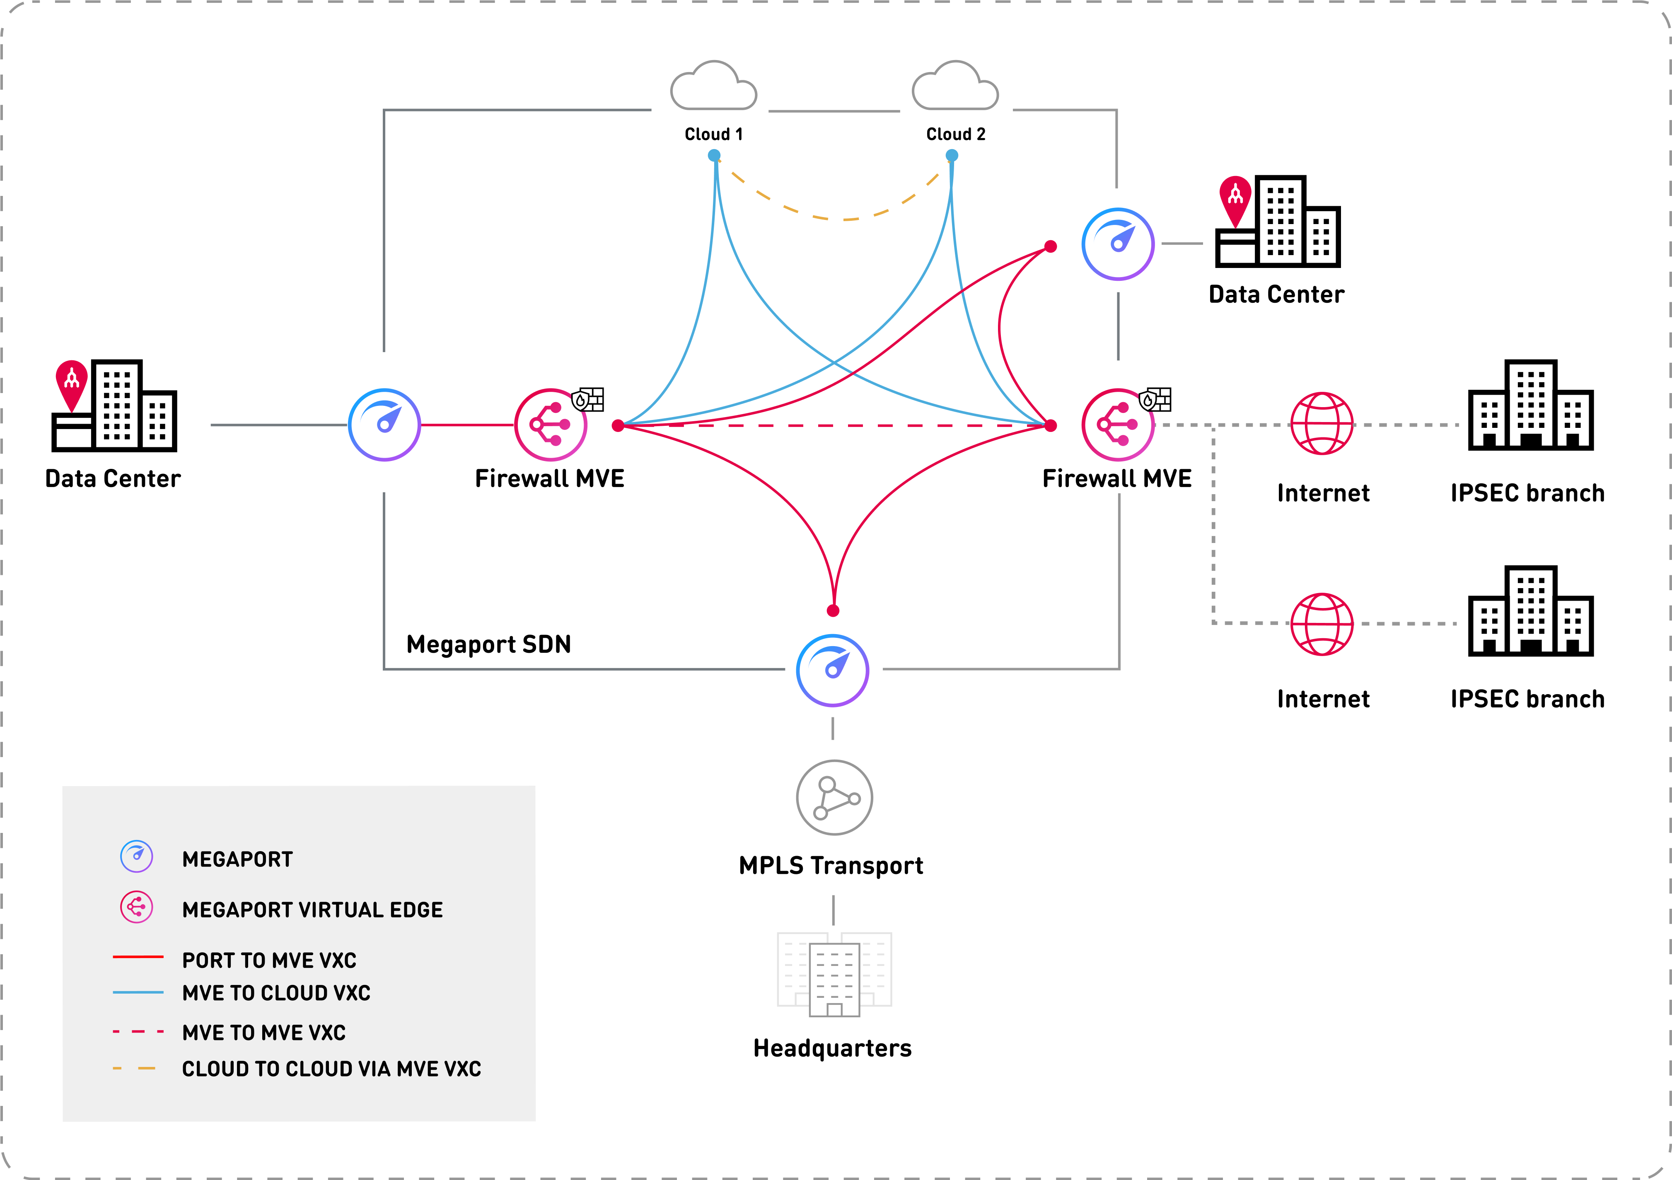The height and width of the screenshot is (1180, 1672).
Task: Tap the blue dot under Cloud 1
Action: (714, 155)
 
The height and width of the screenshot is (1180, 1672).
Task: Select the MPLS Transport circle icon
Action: (834, 798)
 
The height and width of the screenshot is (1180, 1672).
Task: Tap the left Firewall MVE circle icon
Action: (551, 425)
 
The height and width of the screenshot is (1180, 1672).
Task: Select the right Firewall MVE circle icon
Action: (1117, 425)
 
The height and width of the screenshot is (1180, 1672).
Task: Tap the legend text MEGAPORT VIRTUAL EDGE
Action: (312, 910)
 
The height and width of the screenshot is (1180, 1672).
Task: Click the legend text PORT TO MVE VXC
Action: (269, 960)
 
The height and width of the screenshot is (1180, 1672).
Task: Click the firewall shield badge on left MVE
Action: (588, 400)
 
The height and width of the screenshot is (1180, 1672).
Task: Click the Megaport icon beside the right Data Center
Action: (1117, 244)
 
